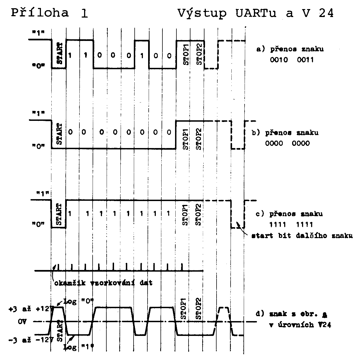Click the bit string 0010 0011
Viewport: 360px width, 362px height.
click(292, 60)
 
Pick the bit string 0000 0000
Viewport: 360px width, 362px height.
click(287, 143)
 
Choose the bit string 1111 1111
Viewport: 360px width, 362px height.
click(291, 225)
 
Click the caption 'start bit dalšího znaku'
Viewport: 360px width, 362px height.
click(302, 236)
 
